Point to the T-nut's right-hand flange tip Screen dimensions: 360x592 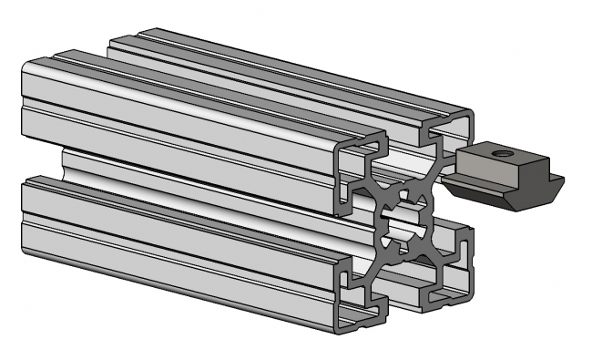coord(557,182)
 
